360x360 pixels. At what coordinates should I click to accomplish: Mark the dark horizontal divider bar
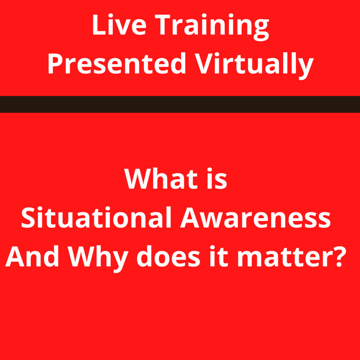point(180,104)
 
